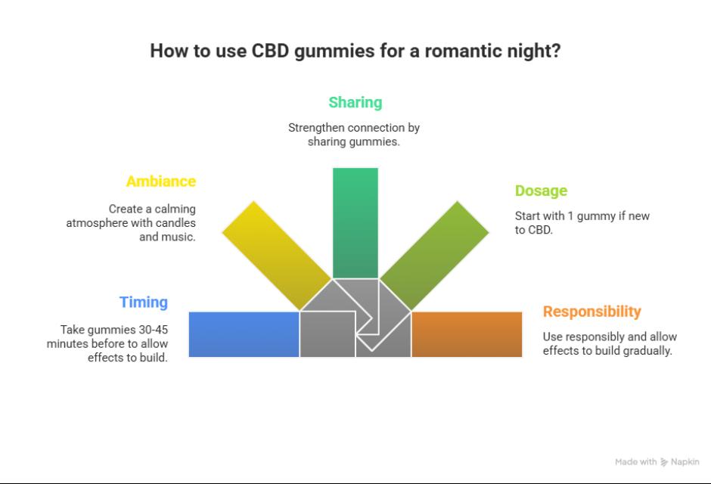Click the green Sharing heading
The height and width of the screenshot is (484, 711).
tap(355, 102)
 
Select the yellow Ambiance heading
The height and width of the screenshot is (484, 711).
tap(160, 181)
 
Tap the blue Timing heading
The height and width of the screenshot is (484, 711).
tap(143, 302)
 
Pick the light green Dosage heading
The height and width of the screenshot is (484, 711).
tap(541, 191)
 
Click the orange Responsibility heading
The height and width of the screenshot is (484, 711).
tap(591, 312)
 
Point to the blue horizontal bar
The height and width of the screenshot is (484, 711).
tap(244, 334)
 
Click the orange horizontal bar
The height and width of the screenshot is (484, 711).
tap(467, 334)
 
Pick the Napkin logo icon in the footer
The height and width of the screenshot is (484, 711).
tap(664, 462)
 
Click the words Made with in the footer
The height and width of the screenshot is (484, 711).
tap(635, 462)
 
